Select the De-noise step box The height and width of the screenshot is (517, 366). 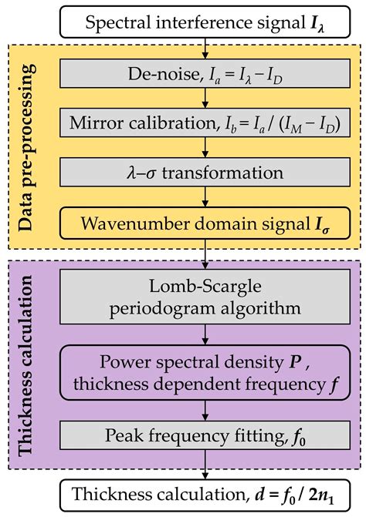pyautogui.click(x=205, y=75)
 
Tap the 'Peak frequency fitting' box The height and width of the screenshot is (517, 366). pyautogui.click(x=205, y=441)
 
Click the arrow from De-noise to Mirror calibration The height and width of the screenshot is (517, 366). pyautogui.click(x=205, y=98)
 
